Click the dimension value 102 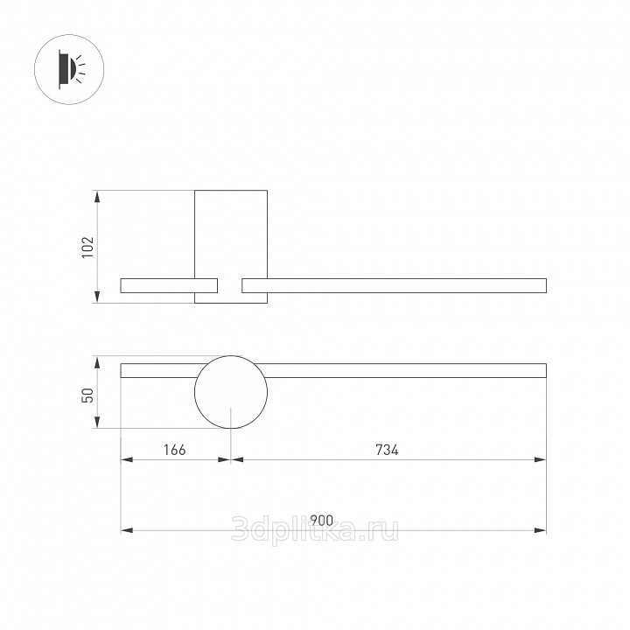pos(87,247)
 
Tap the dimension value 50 pos(87,395)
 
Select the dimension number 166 pos(175,450)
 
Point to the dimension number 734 pos(387,450)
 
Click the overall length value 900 pos(322,521)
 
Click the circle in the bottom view pos(194,392)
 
